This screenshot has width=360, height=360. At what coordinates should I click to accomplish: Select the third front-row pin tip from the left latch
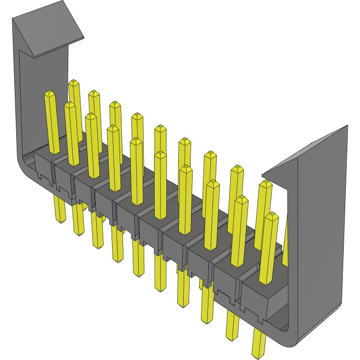[x=91, y=117]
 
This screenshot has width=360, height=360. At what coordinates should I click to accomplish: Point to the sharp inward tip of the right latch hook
[x=263, y=174]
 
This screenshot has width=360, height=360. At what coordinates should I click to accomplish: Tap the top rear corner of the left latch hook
[x=64, y=2]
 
